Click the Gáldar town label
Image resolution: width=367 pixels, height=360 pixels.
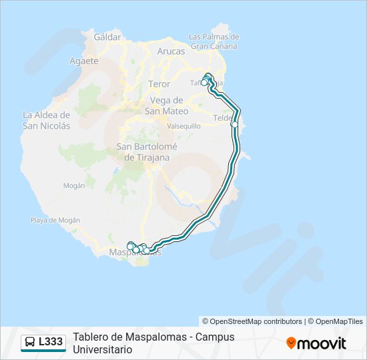(107, 37)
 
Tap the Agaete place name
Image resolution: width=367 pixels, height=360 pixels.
(83, 61)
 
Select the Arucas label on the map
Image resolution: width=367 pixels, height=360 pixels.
(170, 51)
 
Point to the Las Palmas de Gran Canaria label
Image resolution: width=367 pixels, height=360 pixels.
(214, 41)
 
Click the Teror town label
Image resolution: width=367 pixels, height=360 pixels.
(159, 84)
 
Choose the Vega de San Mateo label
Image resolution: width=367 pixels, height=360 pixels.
(167, 105)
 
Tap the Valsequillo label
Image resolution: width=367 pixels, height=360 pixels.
(183, 125)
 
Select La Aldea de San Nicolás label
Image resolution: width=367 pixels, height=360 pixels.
(46, 119)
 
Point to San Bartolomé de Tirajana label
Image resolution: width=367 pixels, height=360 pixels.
(143, 152)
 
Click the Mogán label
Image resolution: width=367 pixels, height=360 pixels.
(73, 185)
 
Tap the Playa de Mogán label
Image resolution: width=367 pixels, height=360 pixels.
(55, 220)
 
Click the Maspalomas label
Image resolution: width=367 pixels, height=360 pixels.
(133, 253)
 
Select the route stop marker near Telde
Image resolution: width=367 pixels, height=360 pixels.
(234, 124)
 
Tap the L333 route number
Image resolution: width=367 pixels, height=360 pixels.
(51, 342)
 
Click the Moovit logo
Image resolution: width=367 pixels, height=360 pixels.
(316, 343)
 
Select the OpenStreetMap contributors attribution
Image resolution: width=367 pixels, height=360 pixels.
(252, 321)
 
